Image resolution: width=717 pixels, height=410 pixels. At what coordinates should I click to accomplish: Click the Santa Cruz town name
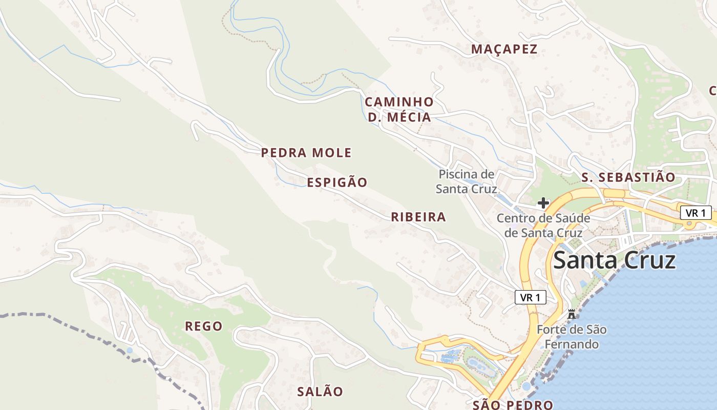(614, 260)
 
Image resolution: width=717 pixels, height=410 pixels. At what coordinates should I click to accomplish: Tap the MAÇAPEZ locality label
(504, 49)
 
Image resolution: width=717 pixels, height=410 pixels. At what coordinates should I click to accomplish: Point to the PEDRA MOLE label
(306, 153)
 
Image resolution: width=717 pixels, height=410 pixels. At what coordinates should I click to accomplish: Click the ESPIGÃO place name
(337, 182)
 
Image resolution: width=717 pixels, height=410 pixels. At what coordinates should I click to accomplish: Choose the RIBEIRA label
(418, 217)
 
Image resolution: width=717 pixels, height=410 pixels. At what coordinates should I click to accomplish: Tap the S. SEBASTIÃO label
(628, 177)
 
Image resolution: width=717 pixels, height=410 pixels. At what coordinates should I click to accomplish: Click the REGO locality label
(204, 326)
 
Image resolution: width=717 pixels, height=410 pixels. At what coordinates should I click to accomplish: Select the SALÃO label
(320, 392)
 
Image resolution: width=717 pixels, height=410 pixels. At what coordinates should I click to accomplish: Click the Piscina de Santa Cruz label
(467, 181)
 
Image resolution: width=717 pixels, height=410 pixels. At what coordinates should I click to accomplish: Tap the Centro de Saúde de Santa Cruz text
(543, 225)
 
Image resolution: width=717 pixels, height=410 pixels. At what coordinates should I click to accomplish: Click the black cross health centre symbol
(543, 203)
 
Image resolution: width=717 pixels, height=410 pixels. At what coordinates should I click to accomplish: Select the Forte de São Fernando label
(572, 336)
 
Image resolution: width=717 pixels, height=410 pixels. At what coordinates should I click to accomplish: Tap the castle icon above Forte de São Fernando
(572, 314)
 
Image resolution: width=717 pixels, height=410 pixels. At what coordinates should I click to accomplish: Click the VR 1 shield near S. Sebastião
(696, 213)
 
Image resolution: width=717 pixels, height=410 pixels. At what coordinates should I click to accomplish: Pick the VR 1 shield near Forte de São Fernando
(530, 297)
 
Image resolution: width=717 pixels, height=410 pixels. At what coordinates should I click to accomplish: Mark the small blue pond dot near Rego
(129, 351)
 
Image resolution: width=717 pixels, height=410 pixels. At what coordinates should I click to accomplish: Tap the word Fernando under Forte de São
(572, 344)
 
